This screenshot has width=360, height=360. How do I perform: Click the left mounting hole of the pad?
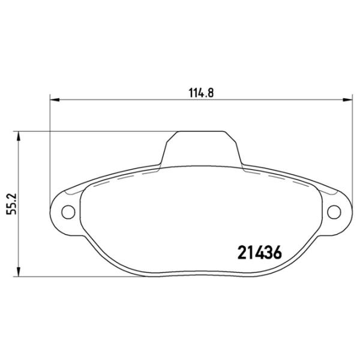[68, 211]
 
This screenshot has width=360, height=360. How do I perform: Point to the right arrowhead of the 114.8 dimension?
[347, 100]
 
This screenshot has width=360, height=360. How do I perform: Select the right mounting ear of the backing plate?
[336, 211]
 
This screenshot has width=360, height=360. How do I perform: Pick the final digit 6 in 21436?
[277, 251]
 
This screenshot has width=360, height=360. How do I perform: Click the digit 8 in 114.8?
[211, 92]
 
